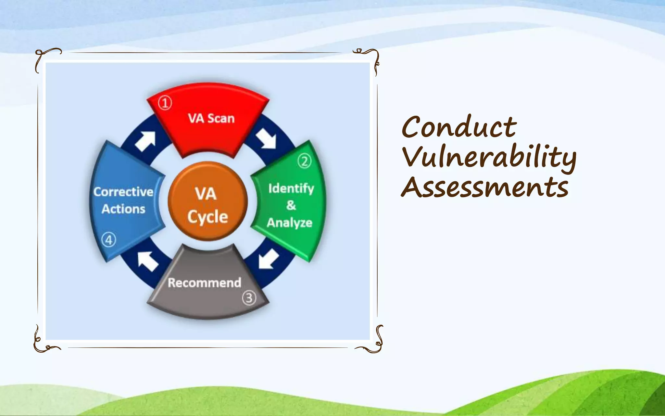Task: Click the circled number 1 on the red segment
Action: tap(165, 103)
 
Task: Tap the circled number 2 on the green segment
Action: tap(304, 161)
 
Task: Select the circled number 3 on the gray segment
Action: tap(249, 298)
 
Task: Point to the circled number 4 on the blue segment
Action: tap(108, 240)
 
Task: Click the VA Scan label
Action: tap(211, 118)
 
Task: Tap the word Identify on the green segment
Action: tap(291, 188)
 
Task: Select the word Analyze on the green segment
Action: tap(289, 223)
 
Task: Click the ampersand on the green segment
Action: tap(291, 205)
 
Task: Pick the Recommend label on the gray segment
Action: tap(204, 283)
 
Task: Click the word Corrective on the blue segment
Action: tap(123, 192)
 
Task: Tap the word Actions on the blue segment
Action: tap(123, 209)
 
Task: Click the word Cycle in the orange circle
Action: tap(207, 217)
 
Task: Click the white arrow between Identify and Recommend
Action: tap(268, 259)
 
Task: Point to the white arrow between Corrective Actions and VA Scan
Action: tap(146, 141)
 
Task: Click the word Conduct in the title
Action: tap(459, 127)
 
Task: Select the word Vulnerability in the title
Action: tap(489, 157)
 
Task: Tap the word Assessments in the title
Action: tap(485, 187)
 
